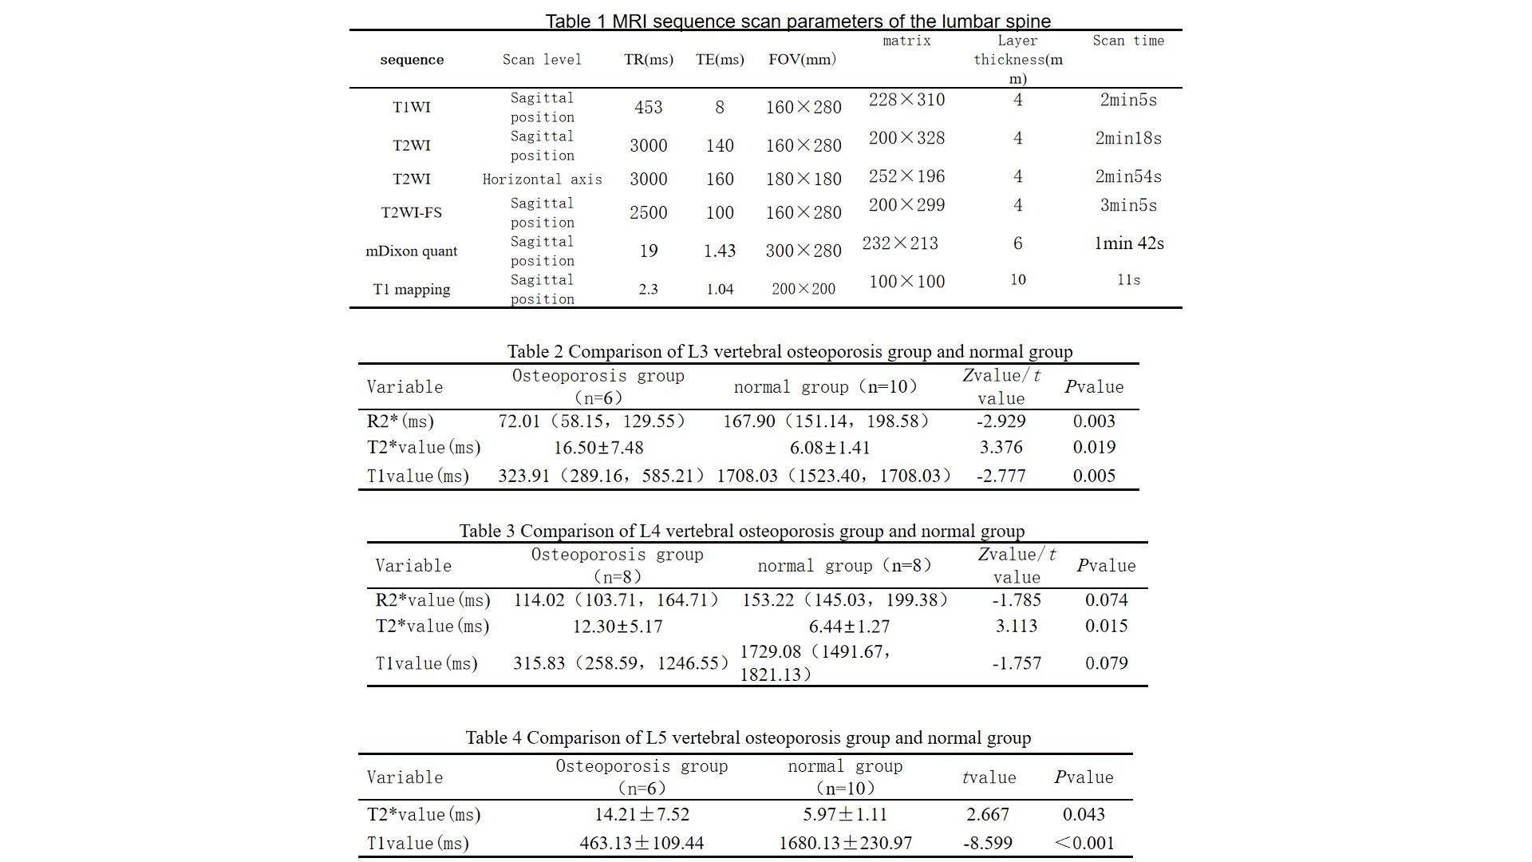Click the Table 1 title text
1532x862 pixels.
pos(798,22)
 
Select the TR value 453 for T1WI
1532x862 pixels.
pos(648,107)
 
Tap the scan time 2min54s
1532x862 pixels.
pos(1128,176)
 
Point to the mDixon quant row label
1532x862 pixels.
pos(412,251)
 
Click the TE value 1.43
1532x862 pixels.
pos(720,251)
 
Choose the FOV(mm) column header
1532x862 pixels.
pos(803,60)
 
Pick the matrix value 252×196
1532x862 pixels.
pos(906,176)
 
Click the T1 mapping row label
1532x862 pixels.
pos(412,289)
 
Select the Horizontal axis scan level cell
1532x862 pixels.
pos(542,180)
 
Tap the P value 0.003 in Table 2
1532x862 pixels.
pos(1094,421)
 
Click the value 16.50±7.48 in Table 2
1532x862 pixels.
pos(598,448)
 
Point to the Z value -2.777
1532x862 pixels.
pos(1001,476)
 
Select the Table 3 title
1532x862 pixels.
pos(741,531)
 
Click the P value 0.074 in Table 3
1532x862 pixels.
pos(1106,600)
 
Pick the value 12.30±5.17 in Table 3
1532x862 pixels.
pos(618,627)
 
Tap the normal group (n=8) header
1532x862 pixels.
pos(845,566)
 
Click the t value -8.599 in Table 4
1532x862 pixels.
pos(988,843)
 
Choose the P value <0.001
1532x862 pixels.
pos(1084,843)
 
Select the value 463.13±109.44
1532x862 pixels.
pos(642,843)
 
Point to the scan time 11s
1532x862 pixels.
pos(1128,280)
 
